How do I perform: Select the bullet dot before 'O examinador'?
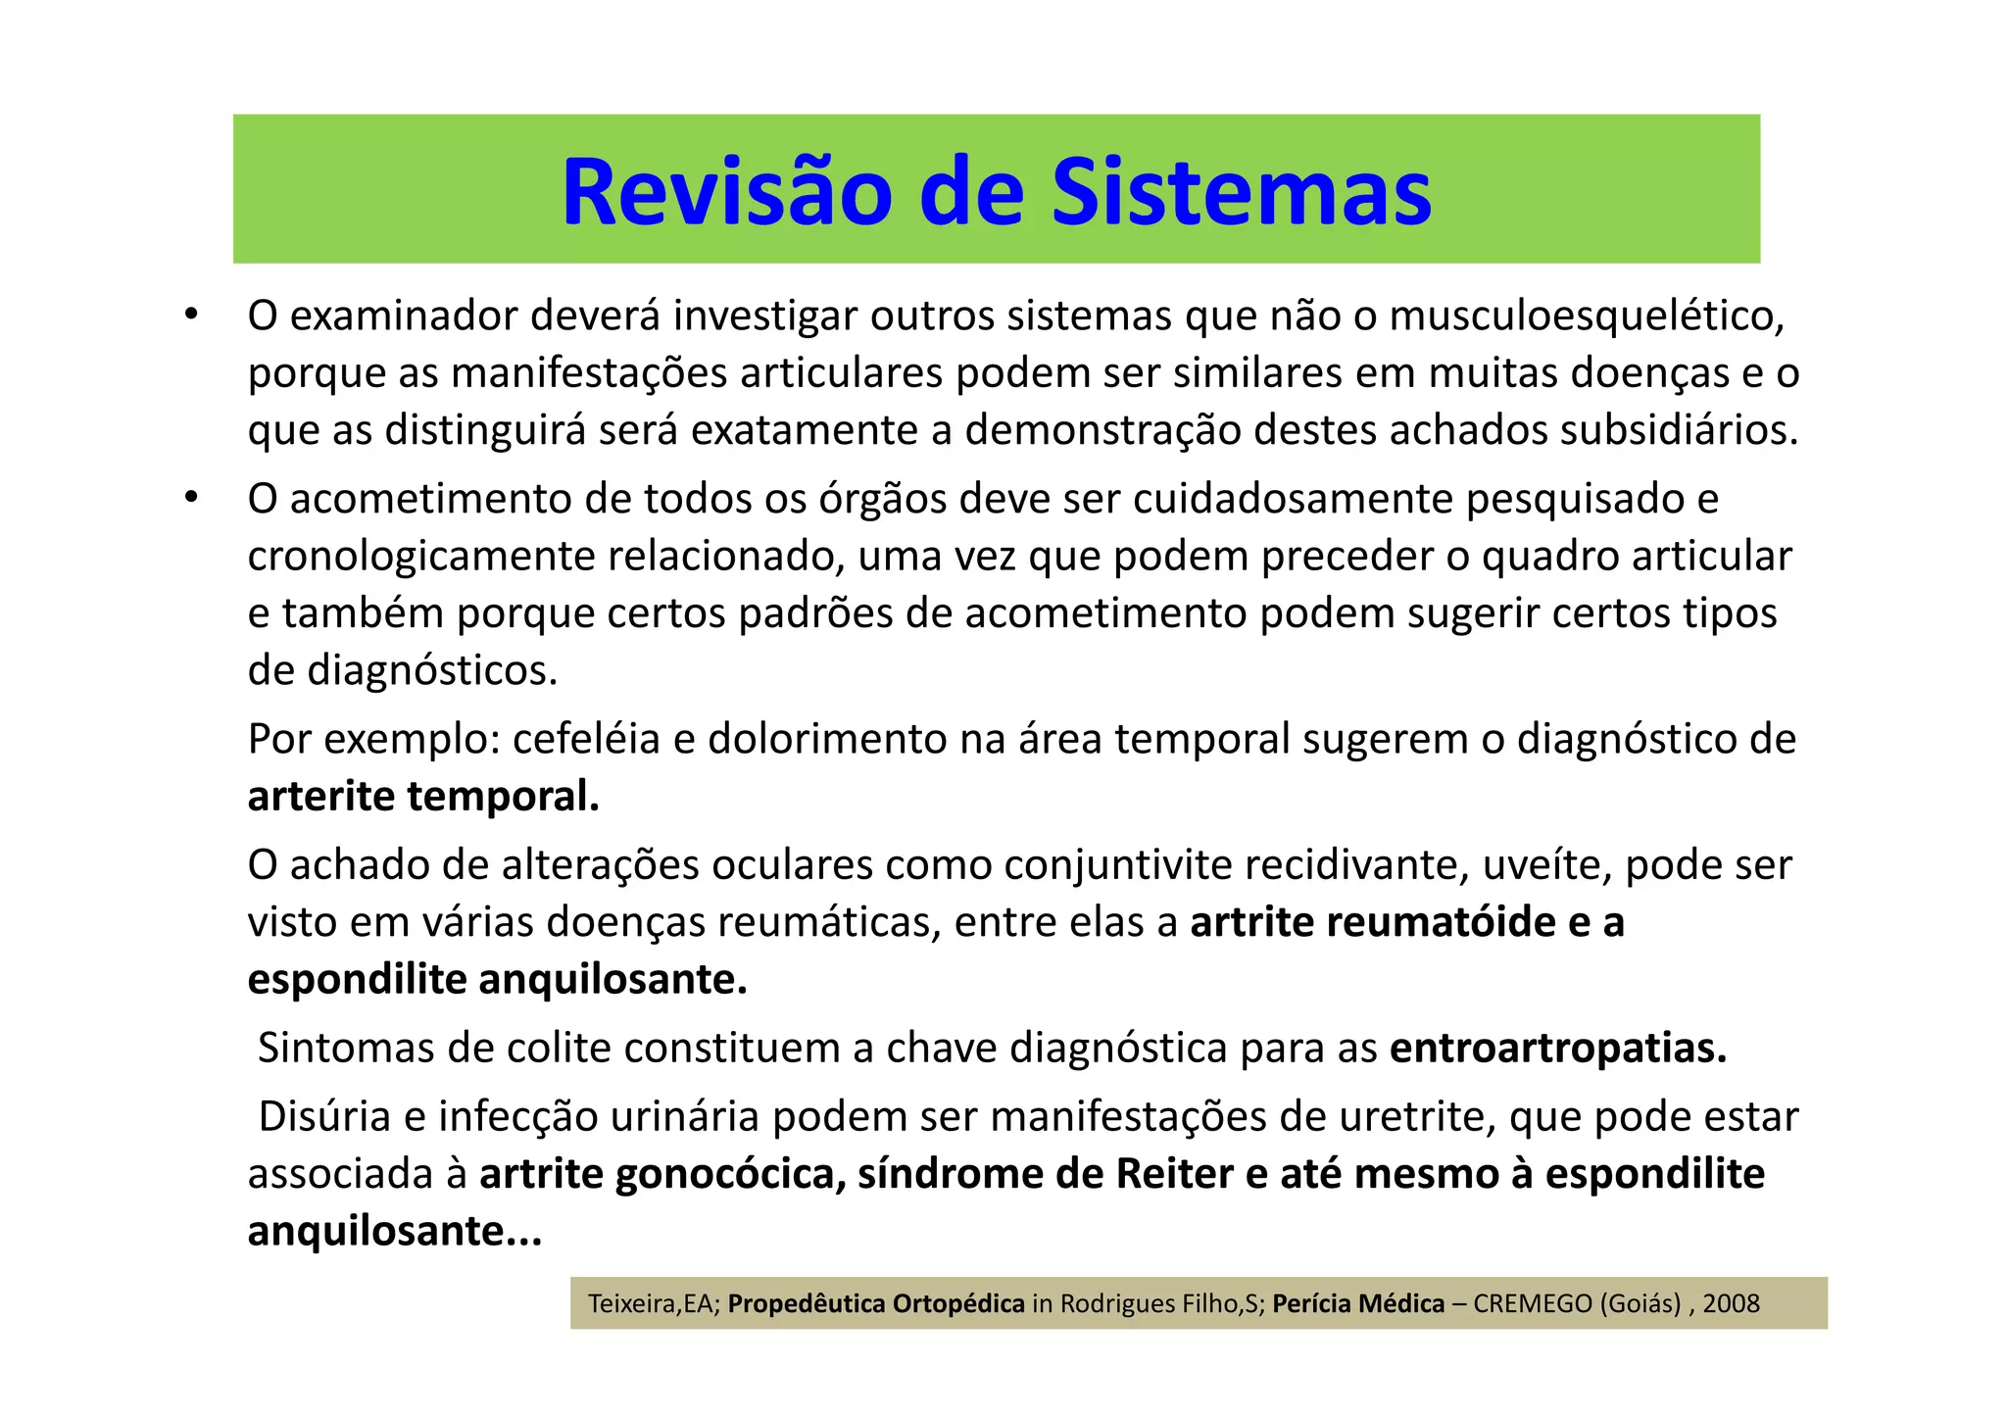191,316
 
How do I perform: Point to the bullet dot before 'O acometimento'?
191,499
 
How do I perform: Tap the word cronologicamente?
421,557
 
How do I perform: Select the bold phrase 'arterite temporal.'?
423,797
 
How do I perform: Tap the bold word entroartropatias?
1558,1049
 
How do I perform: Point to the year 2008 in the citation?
1731,1304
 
